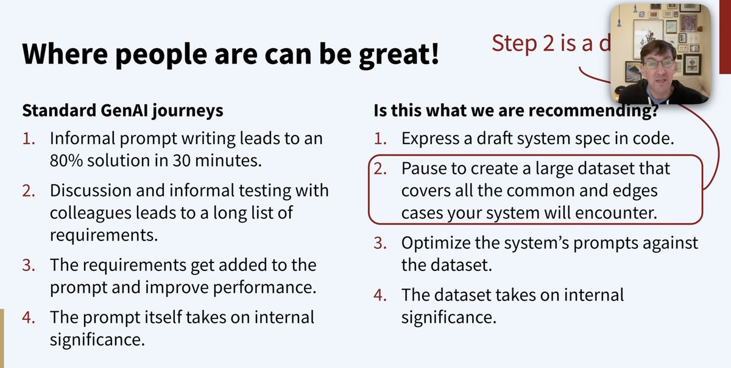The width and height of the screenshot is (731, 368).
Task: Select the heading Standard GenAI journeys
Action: point(122,110)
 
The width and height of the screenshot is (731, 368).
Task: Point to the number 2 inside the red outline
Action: point(380,168)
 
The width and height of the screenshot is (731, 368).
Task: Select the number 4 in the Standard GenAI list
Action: point(30,317)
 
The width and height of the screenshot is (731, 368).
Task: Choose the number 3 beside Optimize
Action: point(380,243)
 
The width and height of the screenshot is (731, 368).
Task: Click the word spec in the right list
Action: point(606,138)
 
